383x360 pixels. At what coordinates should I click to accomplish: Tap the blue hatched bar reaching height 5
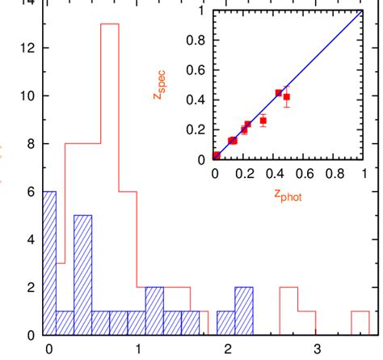coord(82,275)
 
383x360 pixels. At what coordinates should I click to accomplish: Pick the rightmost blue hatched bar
coord(243,311)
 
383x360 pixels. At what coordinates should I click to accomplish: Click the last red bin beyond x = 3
coord(360,323)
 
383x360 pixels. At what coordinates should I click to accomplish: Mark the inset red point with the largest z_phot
coord(286,97)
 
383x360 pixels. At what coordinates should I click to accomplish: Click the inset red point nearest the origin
coord(216,155)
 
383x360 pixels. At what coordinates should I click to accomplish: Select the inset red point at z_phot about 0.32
coord(263,121)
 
